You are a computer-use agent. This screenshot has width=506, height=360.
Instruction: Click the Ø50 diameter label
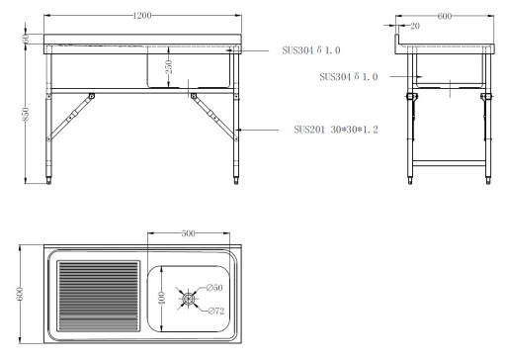pos(215,288)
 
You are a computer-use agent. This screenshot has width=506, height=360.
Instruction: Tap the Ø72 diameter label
pos(216,311)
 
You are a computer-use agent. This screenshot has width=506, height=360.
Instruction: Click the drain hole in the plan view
pos(188,296)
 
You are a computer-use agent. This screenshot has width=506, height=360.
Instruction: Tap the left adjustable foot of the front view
pos(52,178)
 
